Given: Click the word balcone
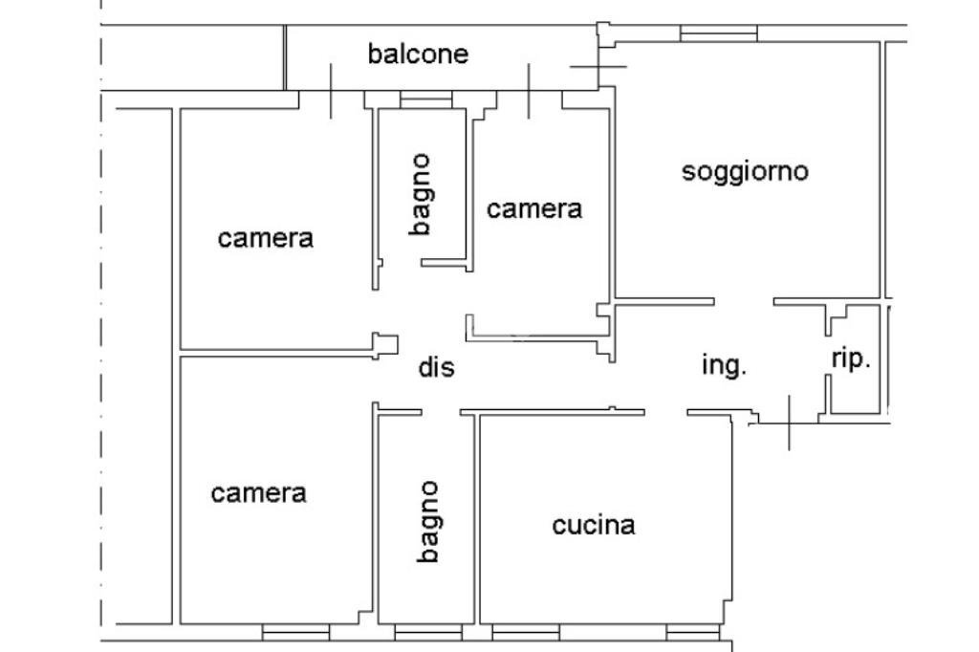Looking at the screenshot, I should click(418, 54).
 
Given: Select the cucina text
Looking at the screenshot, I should click(593, 525).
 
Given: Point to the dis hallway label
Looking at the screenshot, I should click(437, 367).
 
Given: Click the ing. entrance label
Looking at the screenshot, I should click(724, 365).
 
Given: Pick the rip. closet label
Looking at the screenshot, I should click(850, 359).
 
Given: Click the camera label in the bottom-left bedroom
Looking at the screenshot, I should click(258, 493).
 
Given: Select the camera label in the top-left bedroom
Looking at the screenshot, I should click(265, 237).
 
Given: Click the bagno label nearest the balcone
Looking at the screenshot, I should click(421, 194).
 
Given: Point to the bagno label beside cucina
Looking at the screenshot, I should click(428, 521).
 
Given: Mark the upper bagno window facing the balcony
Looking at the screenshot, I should click(425, 100).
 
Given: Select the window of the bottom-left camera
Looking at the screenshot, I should click(295, 632).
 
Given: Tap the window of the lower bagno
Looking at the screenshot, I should click(427, 632).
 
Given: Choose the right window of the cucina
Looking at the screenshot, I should click(692, 632).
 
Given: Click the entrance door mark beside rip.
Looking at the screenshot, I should click(790, 421).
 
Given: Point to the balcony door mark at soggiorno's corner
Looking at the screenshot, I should click(598, 66).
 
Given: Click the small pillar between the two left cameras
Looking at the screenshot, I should click(385, 344).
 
